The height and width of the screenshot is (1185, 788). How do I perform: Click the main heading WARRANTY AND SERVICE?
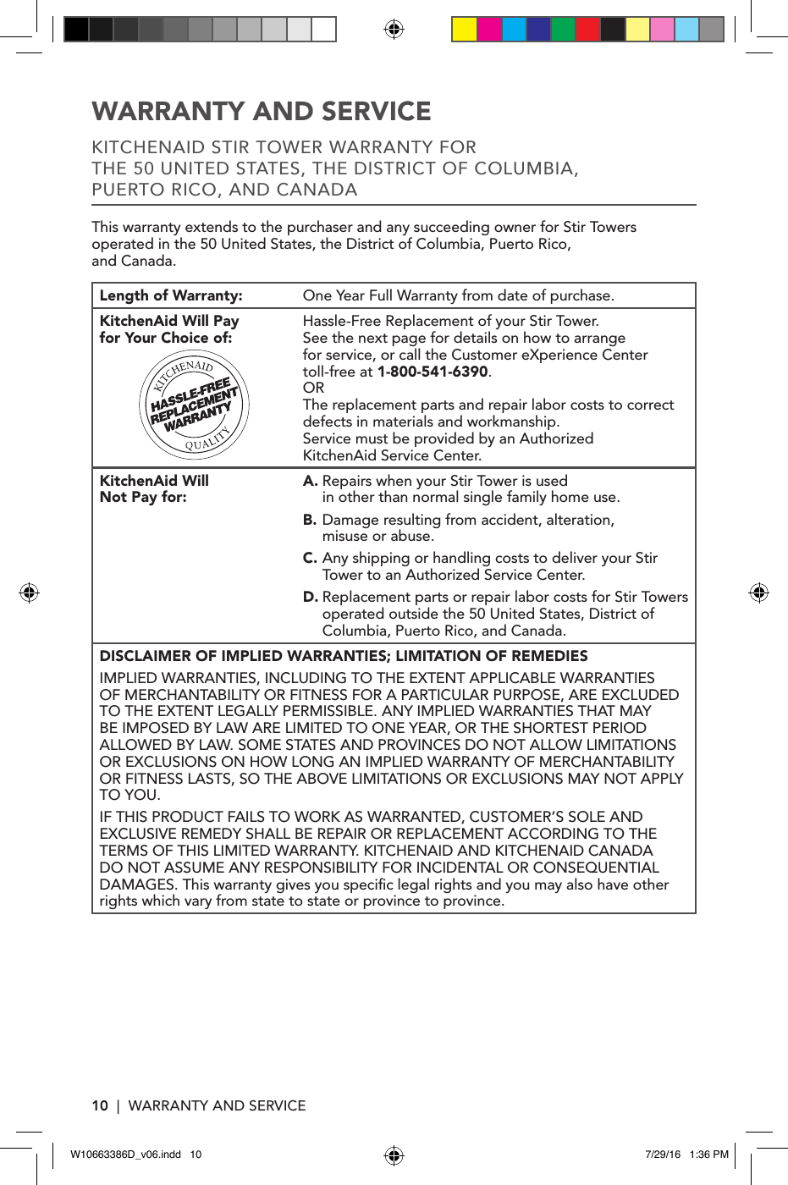262,112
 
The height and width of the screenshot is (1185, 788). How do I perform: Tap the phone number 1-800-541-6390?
433,372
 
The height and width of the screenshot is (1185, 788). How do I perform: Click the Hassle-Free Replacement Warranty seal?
194,405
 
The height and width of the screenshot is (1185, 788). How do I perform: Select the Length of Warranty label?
171,295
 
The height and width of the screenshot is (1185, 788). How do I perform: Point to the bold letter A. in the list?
310,481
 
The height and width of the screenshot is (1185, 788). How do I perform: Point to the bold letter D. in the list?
310,597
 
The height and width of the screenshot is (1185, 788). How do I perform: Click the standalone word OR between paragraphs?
313,388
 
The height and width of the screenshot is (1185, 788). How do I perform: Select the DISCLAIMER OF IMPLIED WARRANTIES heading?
343,656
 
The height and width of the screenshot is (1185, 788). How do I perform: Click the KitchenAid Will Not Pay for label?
153,488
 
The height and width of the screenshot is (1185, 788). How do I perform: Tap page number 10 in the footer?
100,1105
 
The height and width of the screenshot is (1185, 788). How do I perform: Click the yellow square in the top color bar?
464,30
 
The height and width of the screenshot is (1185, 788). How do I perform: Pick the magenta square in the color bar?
489,30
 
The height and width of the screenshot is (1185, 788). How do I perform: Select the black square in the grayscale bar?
76,30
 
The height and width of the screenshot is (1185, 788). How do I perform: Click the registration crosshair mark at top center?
394,30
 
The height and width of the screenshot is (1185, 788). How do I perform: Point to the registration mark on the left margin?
29,592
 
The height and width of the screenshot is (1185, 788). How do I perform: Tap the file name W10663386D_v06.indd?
125,1155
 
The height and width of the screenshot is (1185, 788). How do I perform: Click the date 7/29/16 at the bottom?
662,1155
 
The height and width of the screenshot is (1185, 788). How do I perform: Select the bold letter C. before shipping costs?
310,558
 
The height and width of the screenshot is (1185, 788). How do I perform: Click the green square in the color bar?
563,30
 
